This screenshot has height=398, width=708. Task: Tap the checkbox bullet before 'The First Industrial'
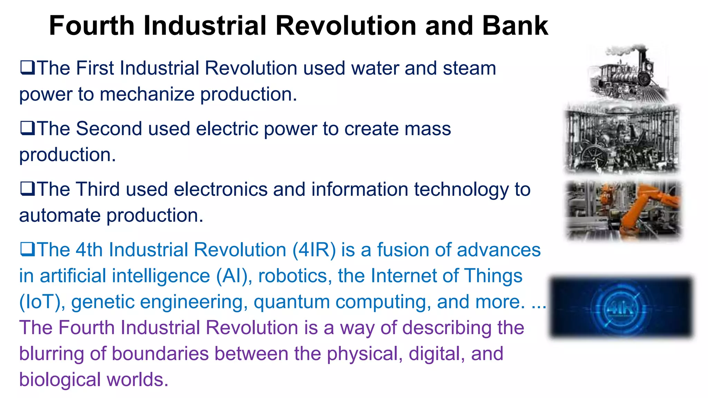[x=27, y=67]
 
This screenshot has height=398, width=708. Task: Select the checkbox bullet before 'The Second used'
[x=27, y=128]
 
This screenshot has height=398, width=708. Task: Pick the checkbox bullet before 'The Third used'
[x=27, y=189]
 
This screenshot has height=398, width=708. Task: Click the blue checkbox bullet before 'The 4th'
[x=27, y=249]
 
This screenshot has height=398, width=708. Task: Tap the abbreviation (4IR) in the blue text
[x=314, y=250]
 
